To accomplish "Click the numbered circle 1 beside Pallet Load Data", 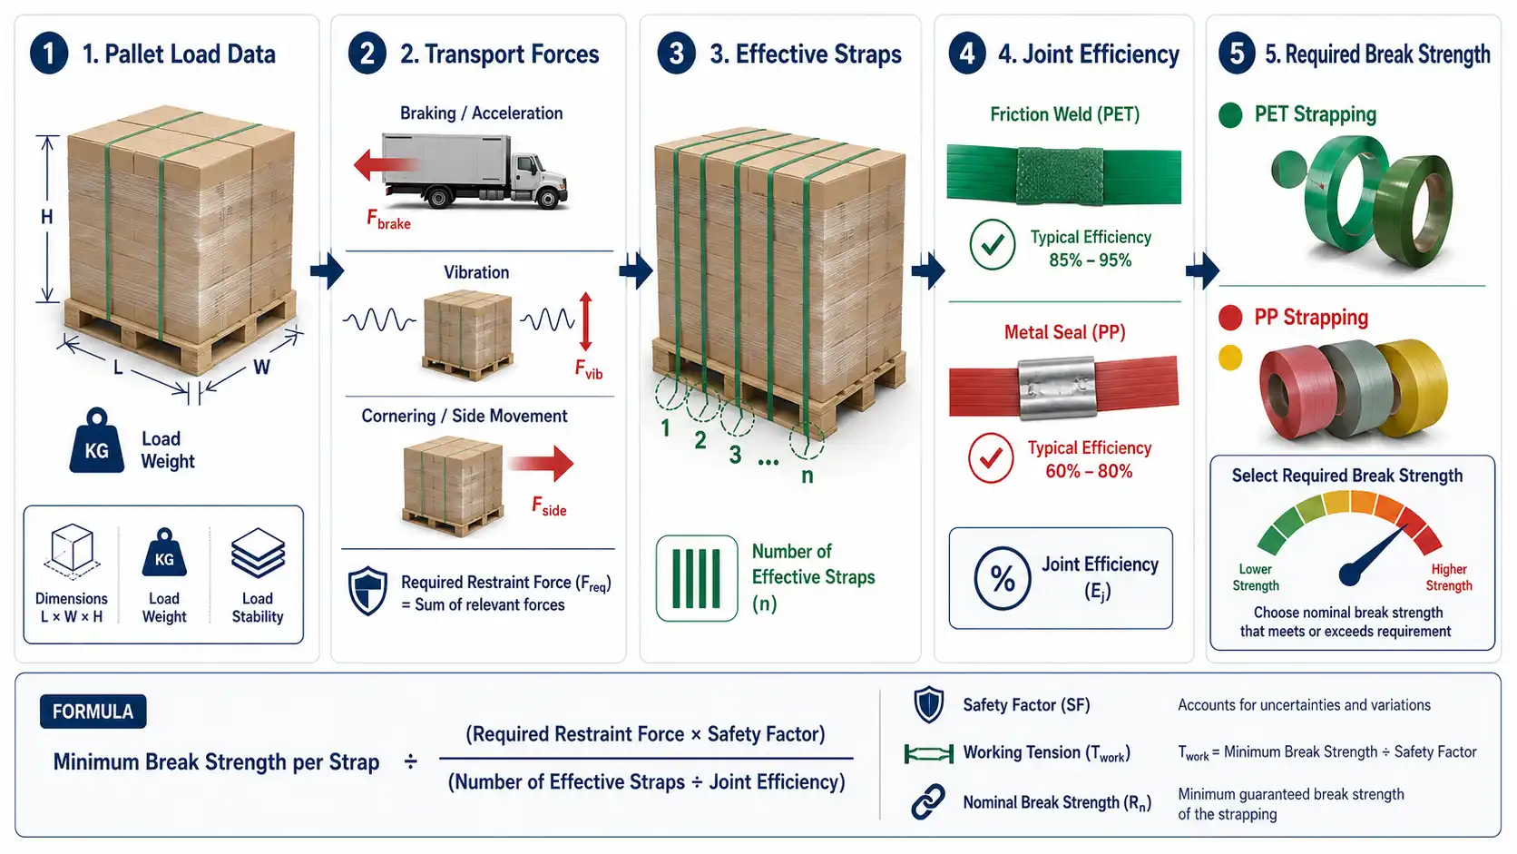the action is pos(49,54).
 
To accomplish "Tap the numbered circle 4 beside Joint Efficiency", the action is pos(967,54).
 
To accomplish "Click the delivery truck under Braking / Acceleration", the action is pos(475,170).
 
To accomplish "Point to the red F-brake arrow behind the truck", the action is pos(386,165).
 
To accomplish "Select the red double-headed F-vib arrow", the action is pos(586,321).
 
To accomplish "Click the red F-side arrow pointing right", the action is pos(541,463).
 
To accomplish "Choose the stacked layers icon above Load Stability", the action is pos(258,553).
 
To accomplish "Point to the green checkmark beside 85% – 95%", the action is pos(993,244).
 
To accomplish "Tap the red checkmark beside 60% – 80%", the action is pos(991,457).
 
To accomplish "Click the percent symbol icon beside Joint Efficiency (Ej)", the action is pos(1003,578).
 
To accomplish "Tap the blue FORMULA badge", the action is pos(93,712).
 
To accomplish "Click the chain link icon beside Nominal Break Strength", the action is pos(928,802).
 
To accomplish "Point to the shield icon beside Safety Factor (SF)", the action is pos(928,705).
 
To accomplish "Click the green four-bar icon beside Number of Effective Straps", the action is pos(696,578).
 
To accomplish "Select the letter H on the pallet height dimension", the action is pos(47,218).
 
